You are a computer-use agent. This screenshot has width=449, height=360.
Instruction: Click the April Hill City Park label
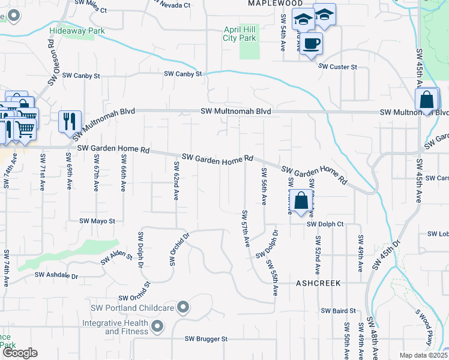click(240, 33)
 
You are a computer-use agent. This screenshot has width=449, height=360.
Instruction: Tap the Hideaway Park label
click(77, 31)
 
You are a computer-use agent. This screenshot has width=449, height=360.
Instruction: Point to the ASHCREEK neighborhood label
click(318, 283)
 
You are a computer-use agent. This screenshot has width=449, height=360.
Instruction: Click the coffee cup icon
click(311, 44)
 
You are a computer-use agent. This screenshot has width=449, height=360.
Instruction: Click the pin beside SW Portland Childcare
click(184, 308)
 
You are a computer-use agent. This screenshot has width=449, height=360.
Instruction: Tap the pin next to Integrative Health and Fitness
click(157, 327)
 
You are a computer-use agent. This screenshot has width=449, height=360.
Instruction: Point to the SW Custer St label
click(338, 66)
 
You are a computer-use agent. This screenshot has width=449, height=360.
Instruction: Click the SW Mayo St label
click(97, 221)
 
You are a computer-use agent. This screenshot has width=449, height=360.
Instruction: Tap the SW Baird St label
click(338, 311)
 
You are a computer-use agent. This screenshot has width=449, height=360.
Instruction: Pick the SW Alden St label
click(116, 257)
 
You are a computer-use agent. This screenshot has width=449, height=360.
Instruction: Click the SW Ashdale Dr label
click(56, 275)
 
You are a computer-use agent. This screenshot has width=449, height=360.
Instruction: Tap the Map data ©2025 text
click(423, 355)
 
